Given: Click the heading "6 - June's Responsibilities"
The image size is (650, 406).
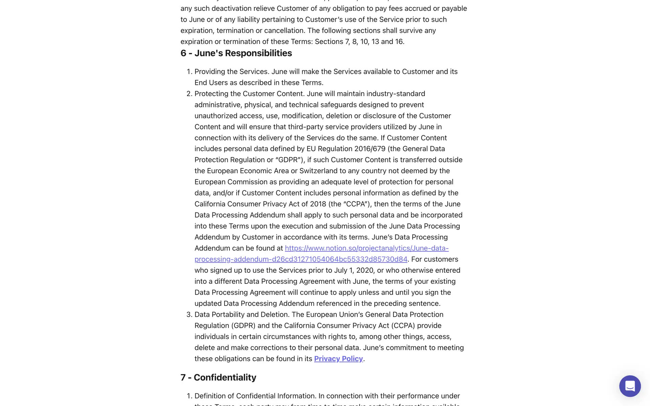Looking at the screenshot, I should (236, 53).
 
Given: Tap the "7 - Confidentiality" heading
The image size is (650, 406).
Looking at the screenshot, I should (218, 377).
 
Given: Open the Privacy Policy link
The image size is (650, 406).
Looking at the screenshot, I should (338, 359).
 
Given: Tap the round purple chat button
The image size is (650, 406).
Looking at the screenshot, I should (630, 386).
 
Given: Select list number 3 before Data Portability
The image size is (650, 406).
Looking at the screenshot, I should (189, 315).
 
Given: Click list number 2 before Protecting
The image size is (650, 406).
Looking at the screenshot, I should (189, 94).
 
